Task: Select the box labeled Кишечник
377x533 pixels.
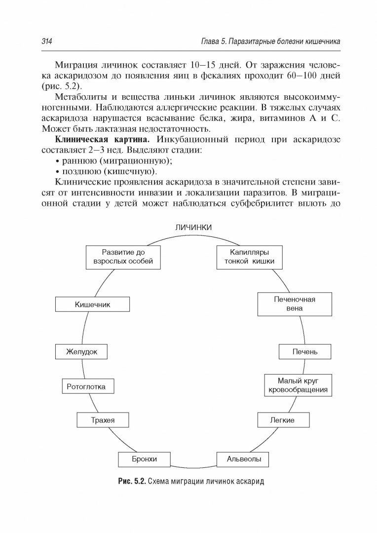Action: (92, 305)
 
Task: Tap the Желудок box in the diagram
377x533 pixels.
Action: (82, 352)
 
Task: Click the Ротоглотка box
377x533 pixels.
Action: (86, 387)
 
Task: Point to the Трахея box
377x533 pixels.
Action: (103, 420)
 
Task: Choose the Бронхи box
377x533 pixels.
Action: (144, 459)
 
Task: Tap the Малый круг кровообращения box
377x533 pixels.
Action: (296, 385)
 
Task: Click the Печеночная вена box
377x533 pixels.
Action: (294, 304)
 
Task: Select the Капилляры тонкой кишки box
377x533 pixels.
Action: (249, 257)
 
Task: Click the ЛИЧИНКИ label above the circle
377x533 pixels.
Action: (193, 227)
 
